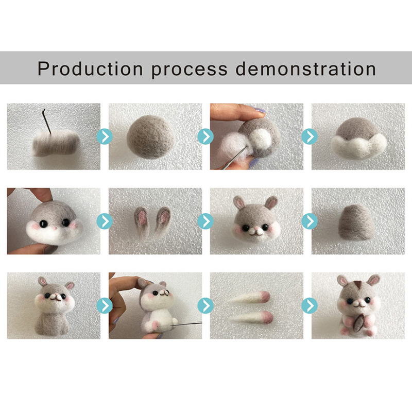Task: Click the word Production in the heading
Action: [90, 69]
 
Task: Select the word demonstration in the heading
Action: [305, 69]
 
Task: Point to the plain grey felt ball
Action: [151, 137]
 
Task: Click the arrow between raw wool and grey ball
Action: [105, 136]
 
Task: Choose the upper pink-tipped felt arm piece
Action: [250, 298]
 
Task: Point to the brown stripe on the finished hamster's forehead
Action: [357, 284]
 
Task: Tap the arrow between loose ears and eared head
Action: [205, 221]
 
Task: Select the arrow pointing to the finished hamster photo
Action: [310, 305]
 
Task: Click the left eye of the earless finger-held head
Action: [43, 224]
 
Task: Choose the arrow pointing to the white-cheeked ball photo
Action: [310, 136]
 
